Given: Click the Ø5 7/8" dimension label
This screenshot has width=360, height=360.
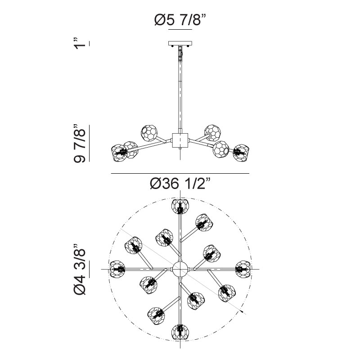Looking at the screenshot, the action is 180,20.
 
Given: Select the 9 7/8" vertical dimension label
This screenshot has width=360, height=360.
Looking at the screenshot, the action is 80,144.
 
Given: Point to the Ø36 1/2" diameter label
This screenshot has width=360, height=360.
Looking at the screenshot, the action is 180,184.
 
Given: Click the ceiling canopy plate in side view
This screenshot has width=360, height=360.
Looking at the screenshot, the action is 180,43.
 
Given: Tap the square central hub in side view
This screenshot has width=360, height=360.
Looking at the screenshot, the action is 180,140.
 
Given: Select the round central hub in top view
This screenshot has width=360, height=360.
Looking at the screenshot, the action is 180,269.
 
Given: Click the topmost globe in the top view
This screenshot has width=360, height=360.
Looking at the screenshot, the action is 180,206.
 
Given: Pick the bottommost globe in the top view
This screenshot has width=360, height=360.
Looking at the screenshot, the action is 180,332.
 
